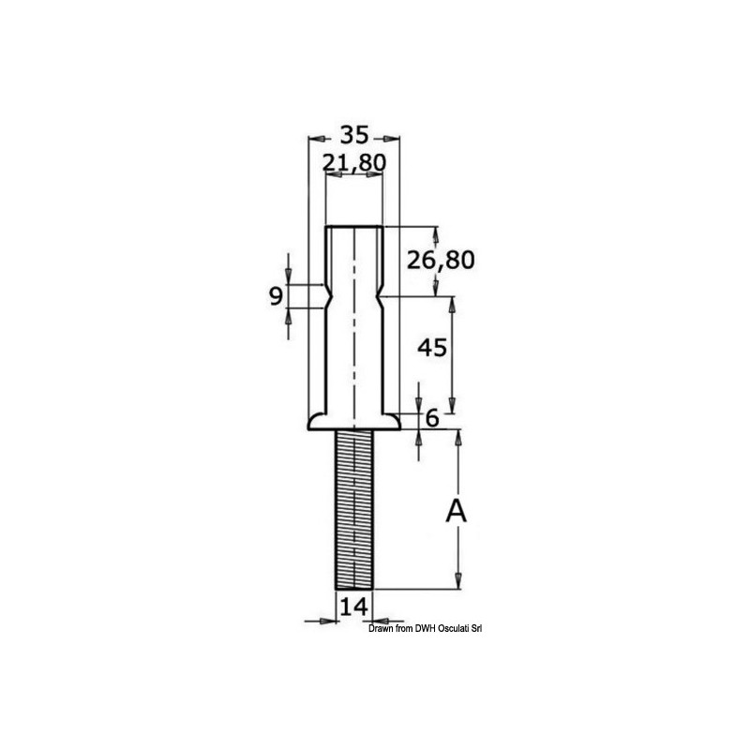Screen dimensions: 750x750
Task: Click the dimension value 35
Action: (354, 135)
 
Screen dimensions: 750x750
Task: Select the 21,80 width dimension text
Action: (354, 162)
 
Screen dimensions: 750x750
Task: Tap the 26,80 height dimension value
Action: (441, 261)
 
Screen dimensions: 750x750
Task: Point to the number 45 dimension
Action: (432, 348)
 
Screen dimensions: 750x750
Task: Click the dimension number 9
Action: (276, 296)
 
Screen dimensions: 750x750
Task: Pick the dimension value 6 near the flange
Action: (432, 418)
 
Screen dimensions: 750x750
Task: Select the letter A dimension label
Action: (456, 511)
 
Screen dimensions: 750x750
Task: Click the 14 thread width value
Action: (354, 607)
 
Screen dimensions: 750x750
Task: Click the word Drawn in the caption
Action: (379, 628)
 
